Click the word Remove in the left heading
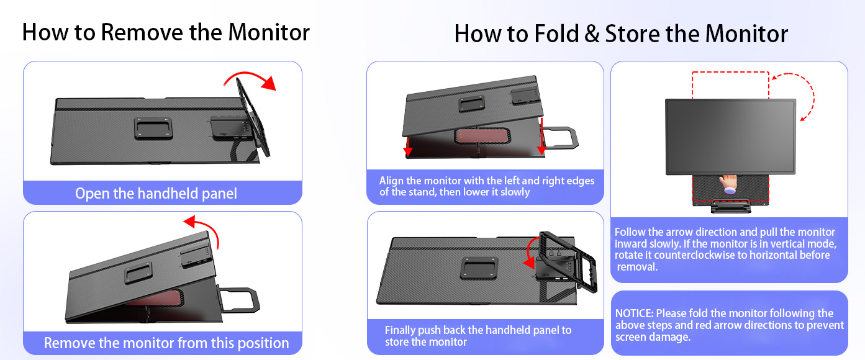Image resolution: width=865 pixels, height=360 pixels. pyautogui.click(x=142, y=32)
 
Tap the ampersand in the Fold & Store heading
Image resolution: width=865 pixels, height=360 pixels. pyautogui.click(x=592, y=34)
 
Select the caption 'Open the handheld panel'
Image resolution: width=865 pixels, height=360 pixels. pyautogui.click(x=156, y=193)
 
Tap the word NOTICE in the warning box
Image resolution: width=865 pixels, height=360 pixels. pyautogui.click(x=633, y=313)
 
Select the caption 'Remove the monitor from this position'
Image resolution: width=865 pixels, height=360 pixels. pyautogui.click(x=166, y=343)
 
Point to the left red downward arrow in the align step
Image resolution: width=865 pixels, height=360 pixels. pyautogui.click(x=407, y=146)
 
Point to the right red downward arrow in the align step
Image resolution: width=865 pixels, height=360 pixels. pyautogui.click(x=541, y=136)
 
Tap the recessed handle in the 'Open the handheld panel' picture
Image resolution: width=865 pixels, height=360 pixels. pyautogui.click(x=153, y=128)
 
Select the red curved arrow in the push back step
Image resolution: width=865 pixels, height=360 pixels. pyautogui.click(x=530, y=253)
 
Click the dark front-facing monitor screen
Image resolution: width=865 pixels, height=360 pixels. pyautogui.click(x=730, y=137)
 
